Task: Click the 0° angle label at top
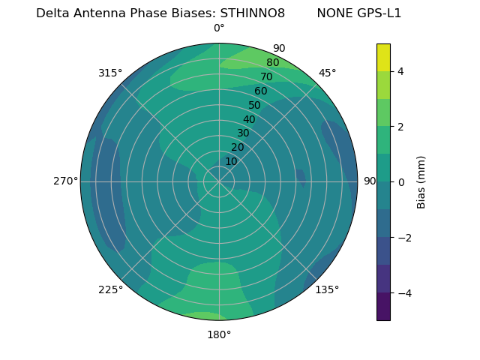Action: click(x=219, y=28)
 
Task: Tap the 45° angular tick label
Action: click(x=328, y=73)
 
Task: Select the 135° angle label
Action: click(x=327, y=289)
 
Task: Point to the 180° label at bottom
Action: click(x=219, y=334)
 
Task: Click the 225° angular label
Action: click(x=110, y=289)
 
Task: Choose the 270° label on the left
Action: click(x=66, y=181)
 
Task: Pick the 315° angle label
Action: click(x=110, y=73)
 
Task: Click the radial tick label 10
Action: click(x=231, y=161)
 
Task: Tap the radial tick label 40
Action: click(x=249, y=119)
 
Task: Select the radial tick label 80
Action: click(x=273, y=63)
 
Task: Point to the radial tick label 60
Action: click(x=261, y=91)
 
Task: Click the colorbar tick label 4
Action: click(x=400, y=71)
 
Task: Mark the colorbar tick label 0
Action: click(x=400, y=181)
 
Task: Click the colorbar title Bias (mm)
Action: click(x=421, y=181)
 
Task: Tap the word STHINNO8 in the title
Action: click(x=252, y=13)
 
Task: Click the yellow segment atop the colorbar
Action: click(x=383, y=57)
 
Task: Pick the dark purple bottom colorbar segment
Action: click(x=383, y=307)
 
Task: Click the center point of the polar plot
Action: click(x=219, y=181)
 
